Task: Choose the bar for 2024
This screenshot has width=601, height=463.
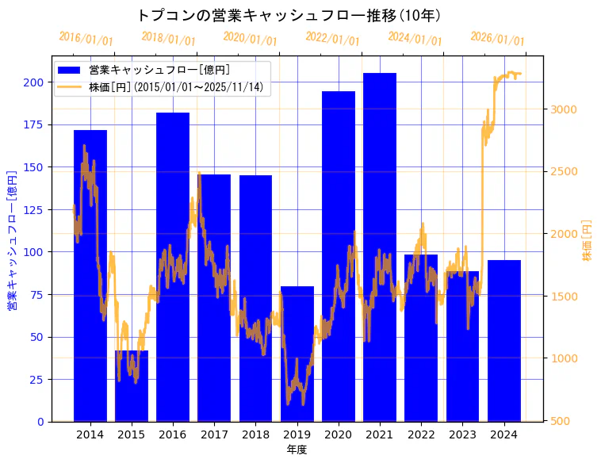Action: click(504, 340)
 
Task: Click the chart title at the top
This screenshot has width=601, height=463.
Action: click(289, 15)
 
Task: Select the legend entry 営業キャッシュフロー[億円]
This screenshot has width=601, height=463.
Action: click(159, 71)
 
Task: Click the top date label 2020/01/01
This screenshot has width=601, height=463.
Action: click(251, 39)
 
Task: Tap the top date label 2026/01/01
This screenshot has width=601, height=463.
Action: click(497, 40)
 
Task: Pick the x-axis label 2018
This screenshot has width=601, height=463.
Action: click(255, 434)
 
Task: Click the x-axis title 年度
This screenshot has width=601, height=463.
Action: click(297, 450)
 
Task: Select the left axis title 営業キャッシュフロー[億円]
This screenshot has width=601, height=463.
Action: click(12, 239)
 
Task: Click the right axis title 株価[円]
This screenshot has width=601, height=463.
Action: click(588, 240)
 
